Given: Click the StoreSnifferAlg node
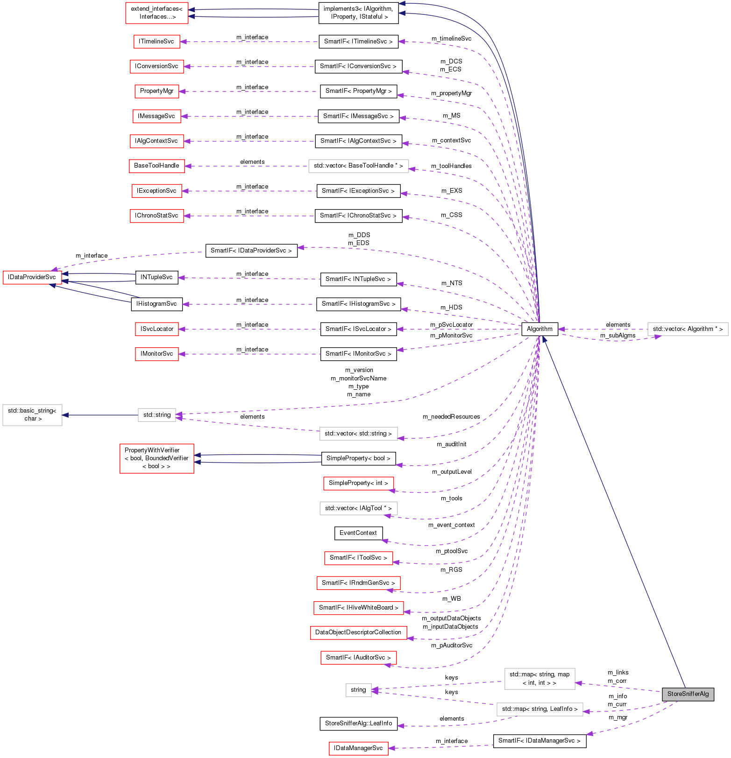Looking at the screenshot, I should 688,694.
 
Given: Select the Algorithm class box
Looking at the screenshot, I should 539,329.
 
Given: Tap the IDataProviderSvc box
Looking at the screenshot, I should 32,277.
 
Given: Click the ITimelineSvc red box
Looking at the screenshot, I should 156,42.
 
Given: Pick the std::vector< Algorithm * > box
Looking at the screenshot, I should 688,329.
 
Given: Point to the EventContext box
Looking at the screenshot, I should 358,533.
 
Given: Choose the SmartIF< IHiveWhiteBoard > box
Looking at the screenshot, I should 358,608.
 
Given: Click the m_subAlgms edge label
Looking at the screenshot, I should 617,336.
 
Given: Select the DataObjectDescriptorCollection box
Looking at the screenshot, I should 358,632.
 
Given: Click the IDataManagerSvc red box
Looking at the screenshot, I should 358,748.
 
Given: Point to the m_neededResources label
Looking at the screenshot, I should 451,417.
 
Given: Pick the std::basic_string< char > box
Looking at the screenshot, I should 32,414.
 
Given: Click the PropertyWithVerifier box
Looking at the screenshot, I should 156,458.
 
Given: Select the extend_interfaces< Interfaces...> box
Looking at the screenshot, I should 156,13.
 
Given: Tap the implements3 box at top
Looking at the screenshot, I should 358,13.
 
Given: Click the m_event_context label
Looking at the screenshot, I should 452,525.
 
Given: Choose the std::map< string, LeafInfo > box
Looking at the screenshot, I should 539,709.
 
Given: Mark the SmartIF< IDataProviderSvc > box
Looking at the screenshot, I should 251,251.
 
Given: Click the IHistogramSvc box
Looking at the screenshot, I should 156,304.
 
